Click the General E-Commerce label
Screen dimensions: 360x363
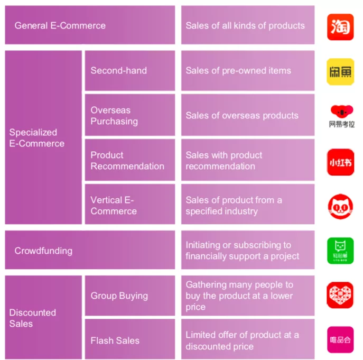point(60,25)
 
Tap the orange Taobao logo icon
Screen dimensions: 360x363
point(340,27)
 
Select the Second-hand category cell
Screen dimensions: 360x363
point(119,70)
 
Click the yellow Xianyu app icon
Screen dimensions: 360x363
point(340,71)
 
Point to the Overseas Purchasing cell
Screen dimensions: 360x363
point(114,116)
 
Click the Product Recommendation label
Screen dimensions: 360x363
point(127,161)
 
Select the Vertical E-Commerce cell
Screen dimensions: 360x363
point(114,205)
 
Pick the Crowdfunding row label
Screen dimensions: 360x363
point(43,251)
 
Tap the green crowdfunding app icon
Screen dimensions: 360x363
point(340,251)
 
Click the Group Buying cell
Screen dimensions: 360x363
point(119,296)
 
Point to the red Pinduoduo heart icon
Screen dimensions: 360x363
point(340,295)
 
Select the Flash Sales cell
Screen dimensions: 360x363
point(115,340)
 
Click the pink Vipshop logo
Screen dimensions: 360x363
point(340,340)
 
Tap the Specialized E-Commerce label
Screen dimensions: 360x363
point(37,137)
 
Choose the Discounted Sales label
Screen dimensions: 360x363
point(33,318)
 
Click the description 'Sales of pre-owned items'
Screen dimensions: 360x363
point(238,70)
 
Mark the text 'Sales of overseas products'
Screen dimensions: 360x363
point(242,115)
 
